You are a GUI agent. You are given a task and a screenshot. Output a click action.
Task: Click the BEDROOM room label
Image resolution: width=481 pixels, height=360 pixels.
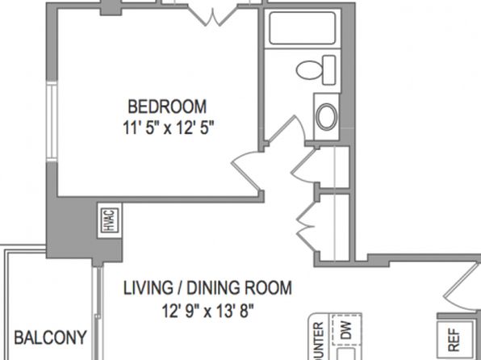click(x=167, y=107)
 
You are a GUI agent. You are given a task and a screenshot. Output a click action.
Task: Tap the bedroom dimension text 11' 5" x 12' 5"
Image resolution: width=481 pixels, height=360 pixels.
click(x=168, y=128)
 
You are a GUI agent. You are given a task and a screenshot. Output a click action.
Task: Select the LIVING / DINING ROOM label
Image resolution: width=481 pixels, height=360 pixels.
click(x=207, y=288)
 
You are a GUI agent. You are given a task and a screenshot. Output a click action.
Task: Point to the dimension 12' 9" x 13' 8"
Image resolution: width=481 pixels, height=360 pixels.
click(x=208, y=311)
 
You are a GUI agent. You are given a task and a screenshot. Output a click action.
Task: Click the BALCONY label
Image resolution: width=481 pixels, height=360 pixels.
click(x=51, y=337)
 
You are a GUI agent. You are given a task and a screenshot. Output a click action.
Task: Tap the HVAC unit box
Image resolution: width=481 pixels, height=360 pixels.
click(x=110, y=220)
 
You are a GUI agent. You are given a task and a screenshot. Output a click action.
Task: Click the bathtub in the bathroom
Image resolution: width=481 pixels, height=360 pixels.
click(x=302, y=28)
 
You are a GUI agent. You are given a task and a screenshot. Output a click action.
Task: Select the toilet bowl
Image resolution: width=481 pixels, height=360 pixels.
click(x=309, y=70)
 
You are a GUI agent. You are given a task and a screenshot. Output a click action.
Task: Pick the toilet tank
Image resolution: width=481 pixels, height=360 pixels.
click(x=329, y=70)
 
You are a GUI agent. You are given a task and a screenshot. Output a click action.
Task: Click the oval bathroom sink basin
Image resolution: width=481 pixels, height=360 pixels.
click(x=327, y=117)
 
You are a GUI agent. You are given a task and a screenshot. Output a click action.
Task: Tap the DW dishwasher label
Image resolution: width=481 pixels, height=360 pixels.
click(x=345, y=330)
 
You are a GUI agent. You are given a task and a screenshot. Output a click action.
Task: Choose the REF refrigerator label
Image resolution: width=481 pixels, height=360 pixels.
click(x=454, y=340)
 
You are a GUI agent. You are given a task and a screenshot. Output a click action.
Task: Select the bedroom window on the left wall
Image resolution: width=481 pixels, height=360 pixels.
click(x=52, y=122)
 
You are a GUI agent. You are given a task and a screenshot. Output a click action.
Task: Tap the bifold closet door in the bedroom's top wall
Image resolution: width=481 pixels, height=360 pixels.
click(x=213, y=16)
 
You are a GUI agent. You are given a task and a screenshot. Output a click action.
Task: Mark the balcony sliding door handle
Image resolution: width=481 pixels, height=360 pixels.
click(x=97, y=316)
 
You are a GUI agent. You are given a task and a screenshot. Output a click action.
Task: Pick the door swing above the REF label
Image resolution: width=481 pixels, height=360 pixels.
click(x=462, y=287)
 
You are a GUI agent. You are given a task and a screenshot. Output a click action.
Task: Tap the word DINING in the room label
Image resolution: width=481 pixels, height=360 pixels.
click(x=214, y=288)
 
